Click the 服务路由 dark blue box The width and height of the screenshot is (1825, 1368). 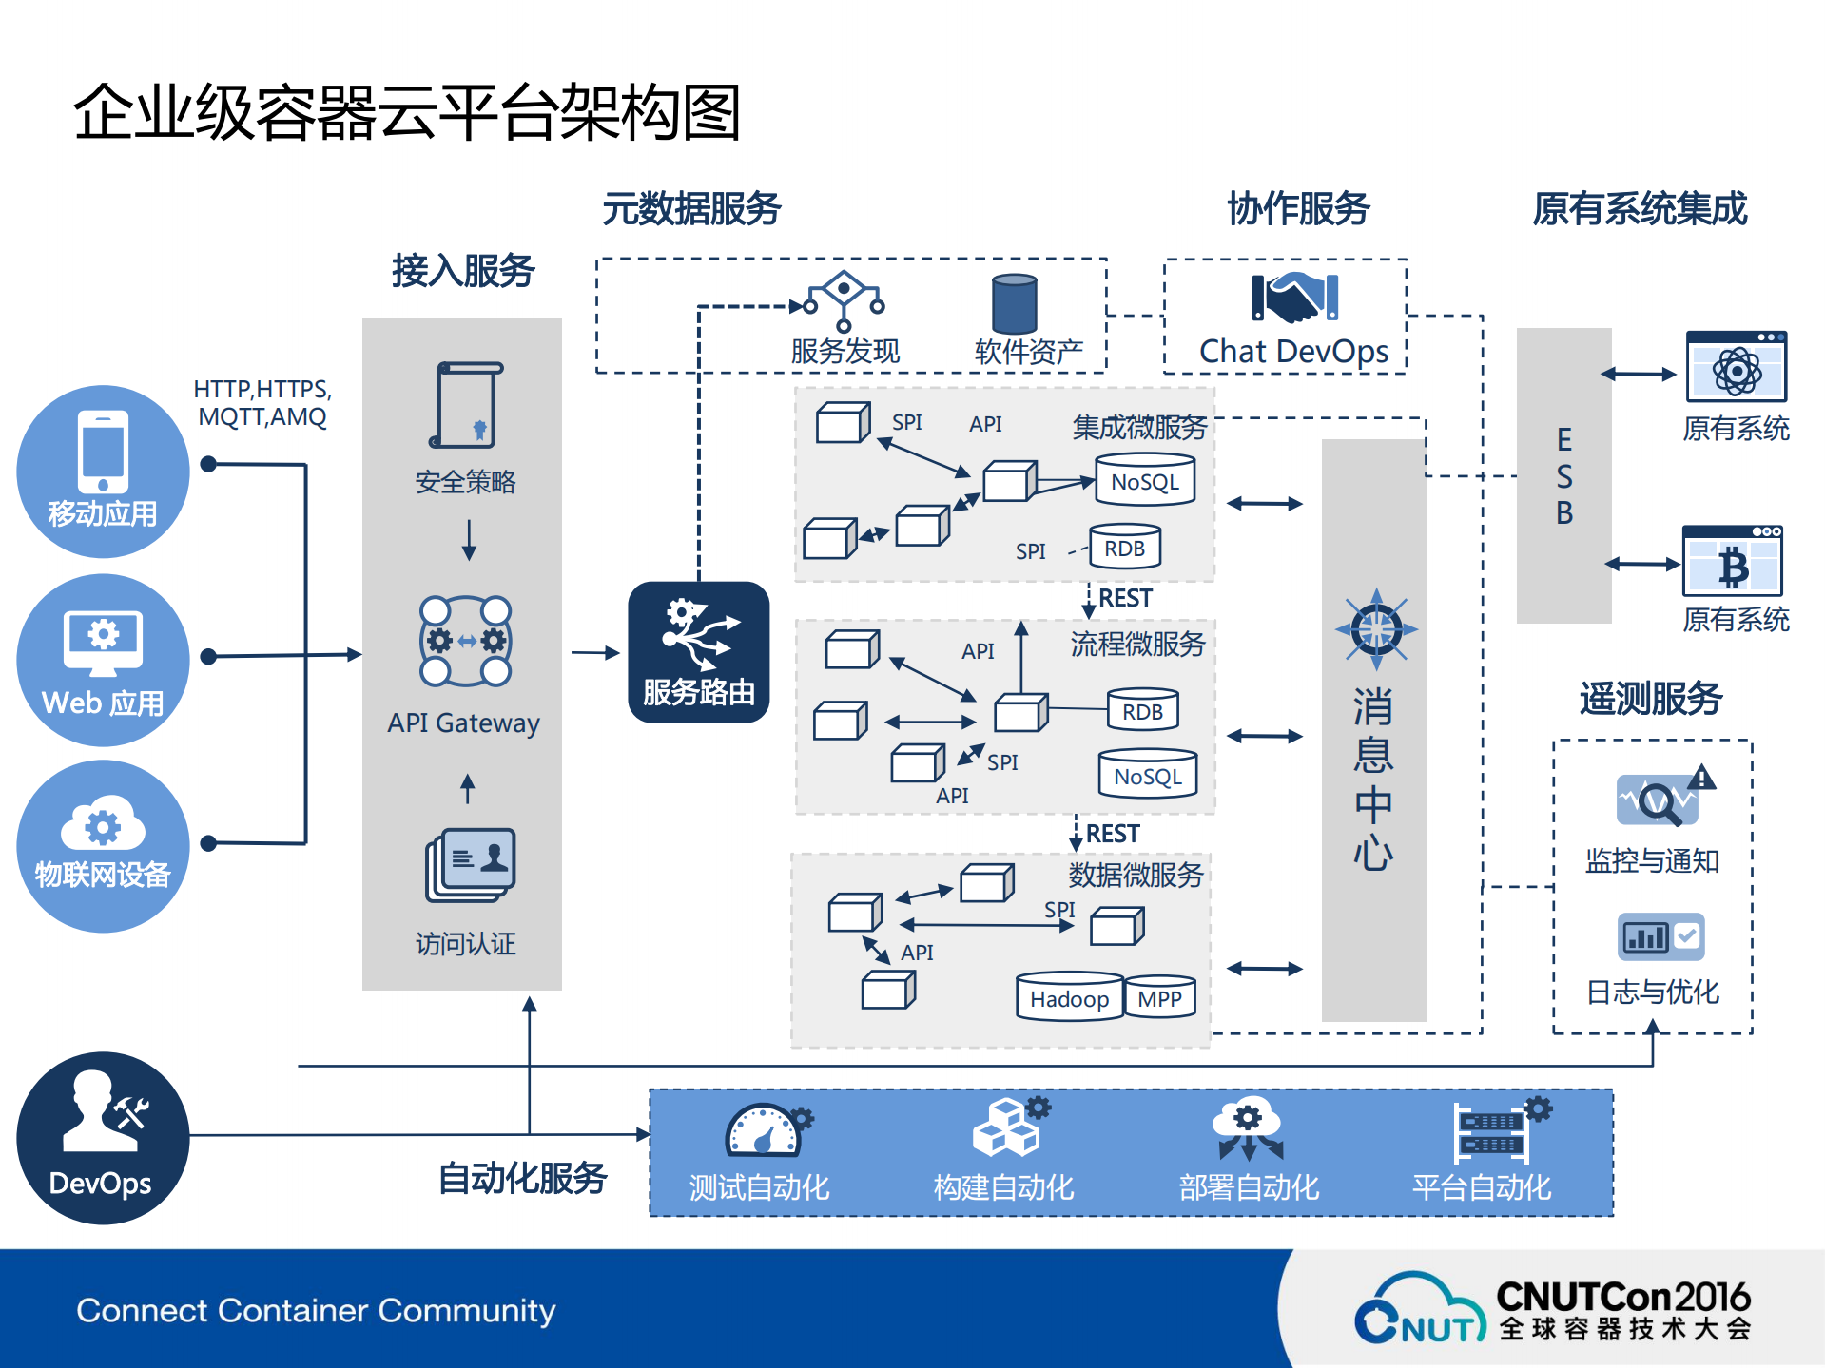tap(698, 652)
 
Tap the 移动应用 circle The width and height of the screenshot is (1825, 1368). tap(103, 471)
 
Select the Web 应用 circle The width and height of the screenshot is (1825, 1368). tap(103, 659)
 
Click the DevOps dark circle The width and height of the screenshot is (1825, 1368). tap(103, 1137)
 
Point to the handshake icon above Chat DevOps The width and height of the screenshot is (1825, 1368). tap(1294, 298)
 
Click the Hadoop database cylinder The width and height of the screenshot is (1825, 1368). tap(1069, 996)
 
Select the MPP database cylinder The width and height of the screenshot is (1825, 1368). tap(1159, 997)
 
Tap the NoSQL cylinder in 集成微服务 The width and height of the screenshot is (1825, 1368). tap(1145, 480)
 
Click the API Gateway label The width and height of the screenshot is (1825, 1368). tap(463, 723)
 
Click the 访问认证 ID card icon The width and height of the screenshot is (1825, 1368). tap(471, 864)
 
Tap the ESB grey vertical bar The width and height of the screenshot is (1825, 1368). tap(1563, 475)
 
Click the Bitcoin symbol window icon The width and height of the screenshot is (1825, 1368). tap(1732, 562)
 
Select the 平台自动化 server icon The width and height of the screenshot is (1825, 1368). tap(1493, 1131)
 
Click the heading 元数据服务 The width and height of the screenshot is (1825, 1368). tap(691, 208)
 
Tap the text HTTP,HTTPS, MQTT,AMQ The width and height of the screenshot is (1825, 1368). tap(262, 403)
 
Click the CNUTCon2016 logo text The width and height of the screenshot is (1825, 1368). tap(1622, 1297)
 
